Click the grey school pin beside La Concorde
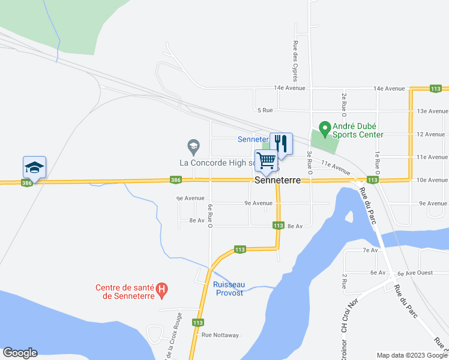click(x=193, y=145)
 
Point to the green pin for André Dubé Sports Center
click(x=325, y=128)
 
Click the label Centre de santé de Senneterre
click(x=125, y=292)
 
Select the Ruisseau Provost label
click(x=228, y=289)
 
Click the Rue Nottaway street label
click(x=220, y=335)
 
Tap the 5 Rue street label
click(x=265, y=110)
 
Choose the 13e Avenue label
click(x=432, y=111)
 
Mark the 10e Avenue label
click(x=432, y=180)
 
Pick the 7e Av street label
click(x=370, y=250)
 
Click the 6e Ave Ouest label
click(x=415, y=273)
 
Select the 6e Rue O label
click(x=211, y=217)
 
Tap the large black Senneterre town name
click(x=277, y=180)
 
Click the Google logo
click(x=20, y=353)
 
